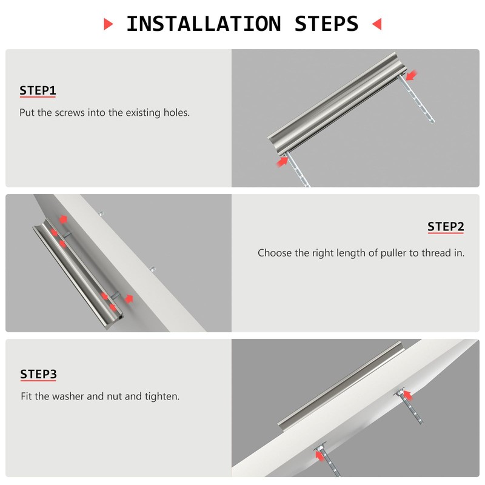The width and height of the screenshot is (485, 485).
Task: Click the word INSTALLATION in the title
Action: pos(204,24)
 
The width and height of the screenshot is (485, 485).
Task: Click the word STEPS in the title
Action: pos(326,24)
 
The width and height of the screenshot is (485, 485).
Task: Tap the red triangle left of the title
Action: pos(108,24)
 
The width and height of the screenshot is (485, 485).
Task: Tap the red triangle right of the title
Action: pos(376,24)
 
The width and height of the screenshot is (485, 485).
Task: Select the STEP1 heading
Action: pos(38,90)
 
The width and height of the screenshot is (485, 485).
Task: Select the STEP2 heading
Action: pos(446,227)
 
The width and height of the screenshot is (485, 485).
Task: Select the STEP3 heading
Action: pos(38,374)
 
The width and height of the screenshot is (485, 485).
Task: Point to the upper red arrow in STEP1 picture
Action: pos(412,75)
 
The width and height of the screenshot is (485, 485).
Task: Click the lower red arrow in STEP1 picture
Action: pos(282,162)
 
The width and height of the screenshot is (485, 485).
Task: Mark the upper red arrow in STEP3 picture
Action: pos(407,395)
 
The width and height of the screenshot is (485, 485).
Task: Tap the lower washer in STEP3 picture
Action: pos(320,447)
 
